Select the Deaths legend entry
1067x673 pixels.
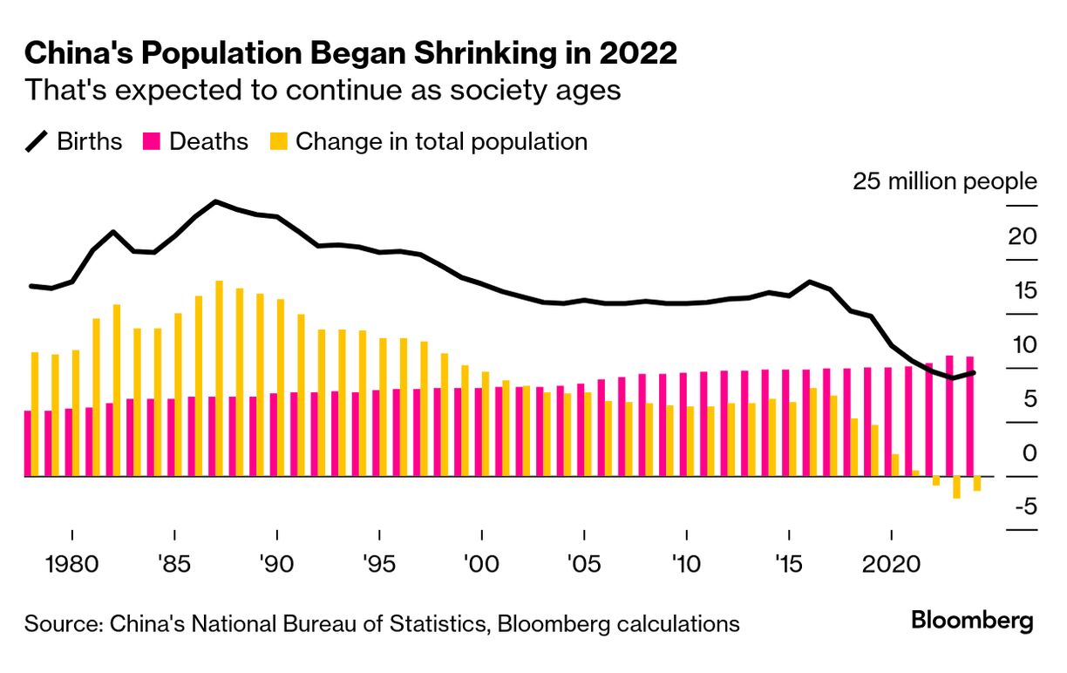click(195, 141)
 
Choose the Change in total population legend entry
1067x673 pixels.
click(427, 141)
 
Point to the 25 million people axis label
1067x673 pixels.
click(945, 182)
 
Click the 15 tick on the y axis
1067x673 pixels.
click(1023, 290)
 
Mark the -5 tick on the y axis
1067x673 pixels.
click(1023, 506)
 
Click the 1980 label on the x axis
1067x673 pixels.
click(72, 561)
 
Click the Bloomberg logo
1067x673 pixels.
click(972, 622)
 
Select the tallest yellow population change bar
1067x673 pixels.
click(219, 378)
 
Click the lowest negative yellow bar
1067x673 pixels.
click(956, 487)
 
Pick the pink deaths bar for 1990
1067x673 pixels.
click(274, 434)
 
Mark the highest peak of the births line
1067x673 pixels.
click(216, 201)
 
